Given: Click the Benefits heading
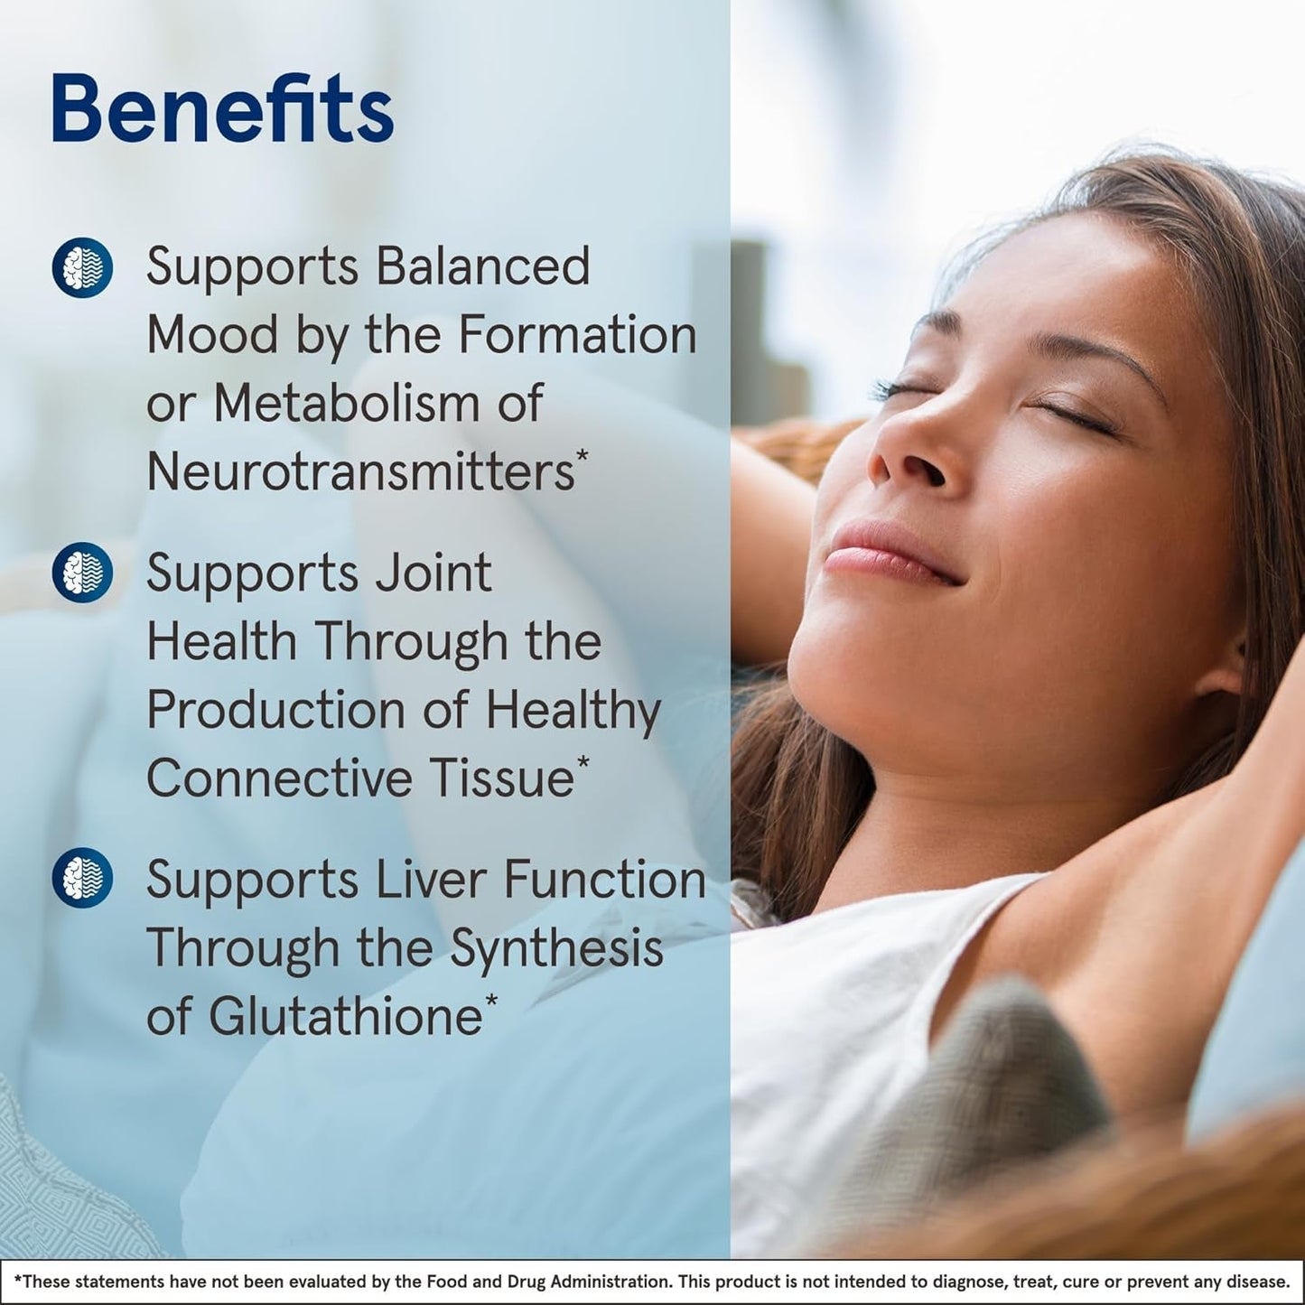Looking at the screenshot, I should point(222,109).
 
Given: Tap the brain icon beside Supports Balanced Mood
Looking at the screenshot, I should point(82,268).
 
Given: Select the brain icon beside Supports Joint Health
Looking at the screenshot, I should point(82,573).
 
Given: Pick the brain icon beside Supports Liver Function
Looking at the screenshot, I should point(82,878).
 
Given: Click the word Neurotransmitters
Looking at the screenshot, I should point(360,471).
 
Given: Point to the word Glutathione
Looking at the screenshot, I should point(346,1017).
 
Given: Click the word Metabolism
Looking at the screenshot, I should point(347,403).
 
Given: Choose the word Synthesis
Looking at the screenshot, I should point(556,948).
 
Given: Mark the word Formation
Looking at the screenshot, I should point(577,335).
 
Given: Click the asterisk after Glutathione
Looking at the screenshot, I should point(491,1000).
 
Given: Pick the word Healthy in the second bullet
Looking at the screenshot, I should point(573,711).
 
